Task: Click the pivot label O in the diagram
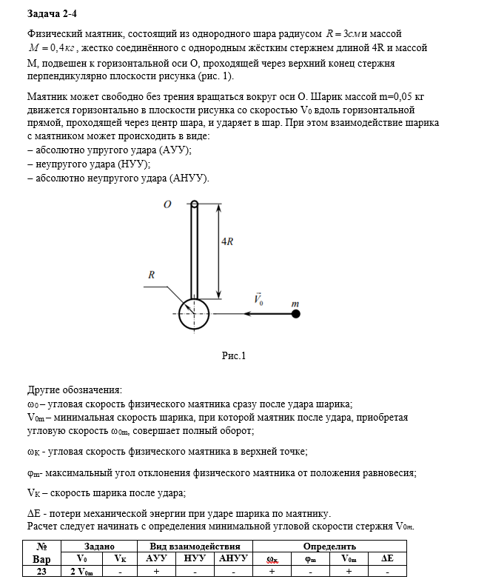tap(169, 204)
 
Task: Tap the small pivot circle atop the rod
tap(194, 205)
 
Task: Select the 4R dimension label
tap(229, 242)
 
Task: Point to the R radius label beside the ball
tap(151, 275)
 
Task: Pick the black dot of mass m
tap(295, 314)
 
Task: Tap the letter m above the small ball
tap(295, 303)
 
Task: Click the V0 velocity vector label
tap(258, 300)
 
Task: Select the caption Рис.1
tap(234, 356)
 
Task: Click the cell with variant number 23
tap(42, 571)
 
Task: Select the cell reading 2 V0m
tap(81, 571)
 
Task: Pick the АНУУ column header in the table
tap(233, 558)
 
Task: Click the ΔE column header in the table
tap(387, 558)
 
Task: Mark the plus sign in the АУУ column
tap(157, 571)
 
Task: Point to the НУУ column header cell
tap(194, 558)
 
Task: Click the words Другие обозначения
tap(75, 390)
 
